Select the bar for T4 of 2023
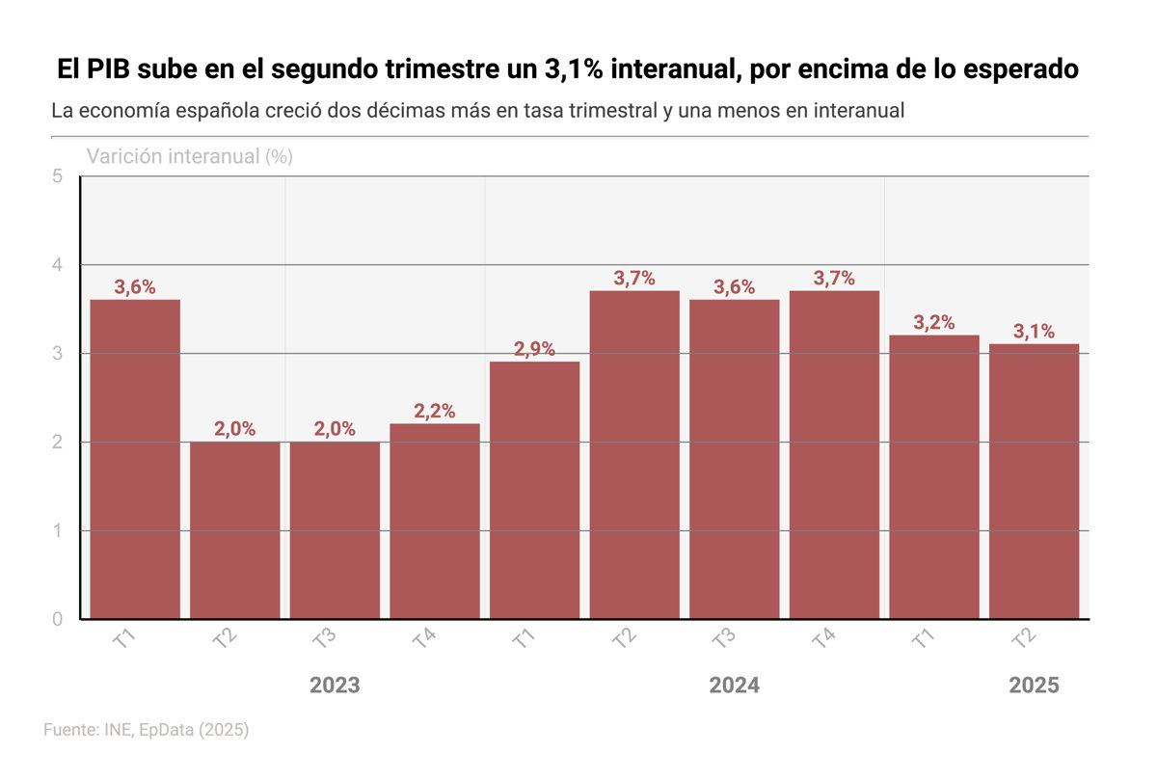[x=435, y=521]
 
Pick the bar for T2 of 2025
[x=1034, y=481]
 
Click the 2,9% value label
[x=534, y=349]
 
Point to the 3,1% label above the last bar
[x=1034, y=332]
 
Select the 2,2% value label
[x=434, y=411]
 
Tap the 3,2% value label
[x=934, y=323]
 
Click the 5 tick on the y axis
[x=58, y=176]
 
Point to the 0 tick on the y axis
[x=58, y=619]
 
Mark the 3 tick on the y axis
[x=58, y=354]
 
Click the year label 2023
[x=335, y=686]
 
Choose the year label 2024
[x=735, y=686]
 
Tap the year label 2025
[x=1034, y=686]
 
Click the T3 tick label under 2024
[x=722, y=640]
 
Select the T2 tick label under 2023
[x=223, y=640]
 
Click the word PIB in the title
[x=113, y=70]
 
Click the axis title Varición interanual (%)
[x=189, y=156]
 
